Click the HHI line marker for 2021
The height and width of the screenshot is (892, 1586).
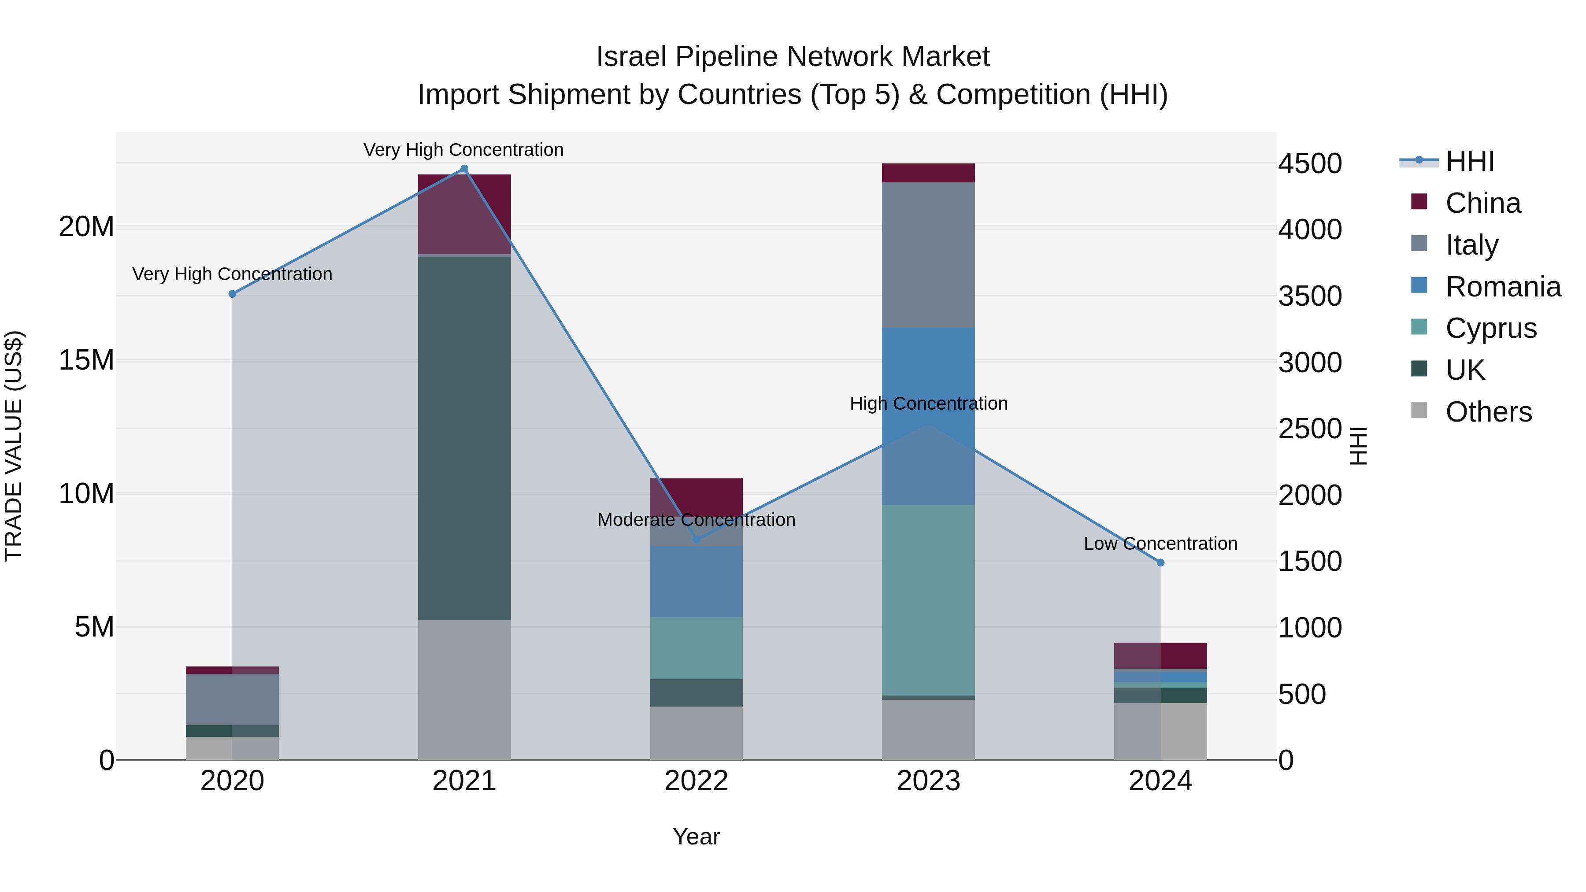[x=464, y=169]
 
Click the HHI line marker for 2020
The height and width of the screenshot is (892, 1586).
[x=232, y=294]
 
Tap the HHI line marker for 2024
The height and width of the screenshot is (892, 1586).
[x=1160, y=563]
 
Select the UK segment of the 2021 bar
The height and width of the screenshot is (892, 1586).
[x=464, y=437]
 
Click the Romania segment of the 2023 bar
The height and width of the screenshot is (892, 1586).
[x=928, y=416]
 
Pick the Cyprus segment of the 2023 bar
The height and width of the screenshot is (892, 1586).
[x=928, y=600]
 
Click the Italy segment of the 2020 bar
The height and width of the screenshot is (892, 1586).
[x=232, y=700]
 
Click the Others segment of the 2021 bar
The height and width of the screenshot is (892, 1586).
[x=464, y=689]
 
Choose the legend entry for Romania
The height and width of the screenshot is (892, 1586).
[x=1502, y=287]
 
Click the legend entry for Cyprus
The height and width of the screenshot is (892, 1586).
[x=1490, y=328]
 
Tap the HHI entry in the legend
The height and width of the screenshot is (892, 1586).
[x=1468, y=161]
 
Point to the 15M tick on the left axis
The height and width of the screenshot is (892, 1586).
[x=86, y=360]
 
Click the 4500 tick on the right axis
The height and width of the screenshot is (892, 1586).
[x=1310, y=164]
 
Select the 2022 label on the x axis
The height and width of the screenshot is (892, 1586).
[x=697, y=781]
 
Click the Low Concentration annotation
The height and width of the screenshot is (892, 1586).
[x=1160, y=544]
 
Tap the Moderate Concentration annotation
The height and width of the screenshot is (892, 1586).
[x=697, y=520]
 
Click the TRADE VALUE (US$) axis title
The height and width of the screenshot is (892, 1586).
[x=14, y=446]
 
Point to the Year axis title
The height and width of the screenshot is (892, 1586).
[x=697, y=836]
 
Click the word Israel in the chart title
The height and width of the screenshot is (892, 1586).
[x=630, y=57]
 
